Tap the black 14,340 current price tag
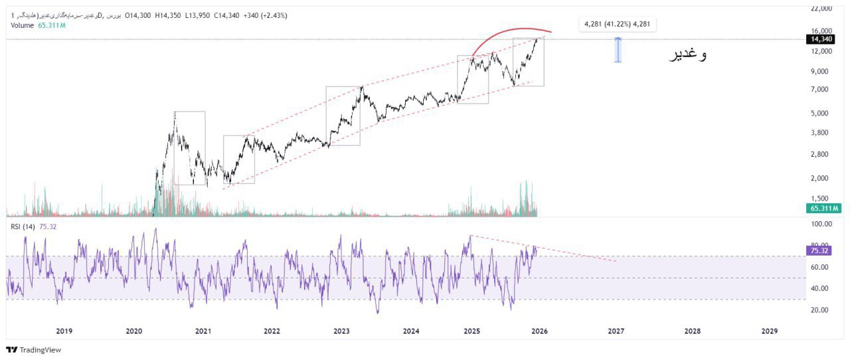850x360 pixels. [821, 39]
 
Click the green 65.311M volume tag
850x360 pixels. [824, 208]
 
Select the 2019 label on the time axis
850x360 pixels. [64, 331]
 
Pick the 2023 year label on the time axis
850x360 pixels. [341, 331]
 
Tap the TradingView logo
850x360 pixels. [33, 349]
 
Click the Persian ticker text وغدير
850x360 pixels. [687, 55]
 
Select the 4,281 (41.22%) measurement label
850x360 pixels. [618, 25]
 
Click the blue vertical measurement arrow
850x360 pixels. [618, 50]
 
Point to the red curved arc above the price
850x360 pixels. [511, 31]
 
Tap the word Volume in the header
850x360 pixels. [23, 25]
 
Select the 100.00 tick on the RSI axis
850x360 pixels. [821, 225]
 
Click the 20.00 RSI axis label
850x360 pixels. [821, 310]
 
